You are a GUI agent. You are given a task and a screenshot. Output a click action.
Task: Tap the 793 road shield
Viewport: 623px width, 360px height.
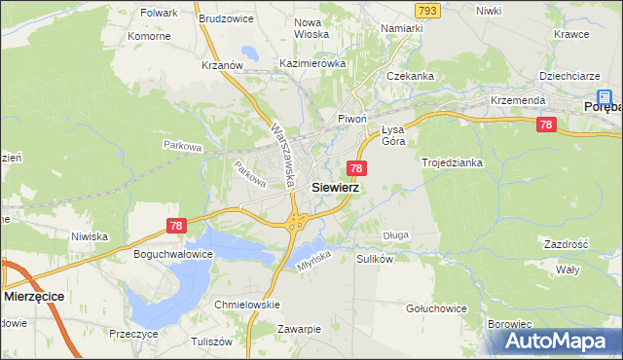point(425,9)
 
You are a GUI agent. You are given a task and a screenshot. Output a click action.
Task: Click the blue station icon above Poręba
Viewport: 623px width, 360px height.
point(605,97)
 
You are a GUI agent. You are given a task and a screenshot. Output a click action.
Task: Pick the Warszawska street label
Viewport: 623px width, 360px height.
point(283,155)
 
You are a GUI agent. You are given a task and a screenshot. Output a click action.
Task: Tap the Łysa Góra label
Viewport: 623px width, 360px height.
point(393,135)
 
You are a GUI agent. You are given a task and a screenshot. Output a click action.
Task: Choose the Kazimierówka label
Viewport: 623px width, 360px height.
point(312,63)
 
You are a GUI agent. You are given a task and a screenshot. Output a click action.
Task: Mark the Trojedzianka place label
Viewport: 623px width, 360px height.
point(452,162)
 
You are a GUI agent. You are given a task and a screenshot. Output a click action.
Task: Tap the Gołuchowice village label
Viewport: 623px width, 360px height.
point(435,308)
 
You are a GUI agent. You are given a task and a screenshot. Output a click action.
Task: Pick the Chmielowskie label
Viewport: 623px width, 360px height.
point(246,305)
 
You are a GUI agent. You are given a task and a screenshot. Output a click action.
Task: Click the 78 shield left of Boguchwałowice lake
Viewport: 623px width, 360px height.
point(175,226)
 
